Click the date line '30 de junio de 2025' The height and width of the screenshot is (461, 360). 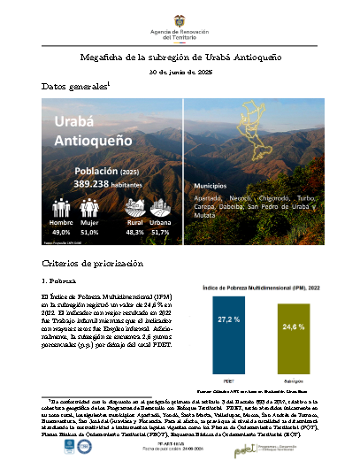pos(180,72)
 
